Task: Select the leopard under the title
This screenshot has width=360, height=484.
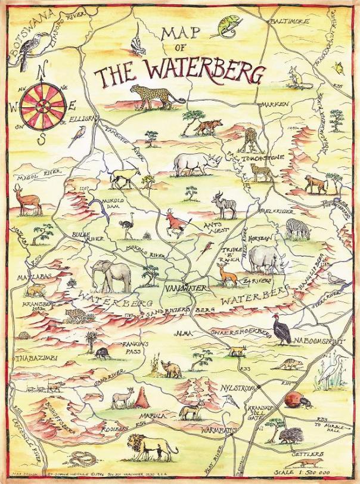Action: click(x=154, y=95)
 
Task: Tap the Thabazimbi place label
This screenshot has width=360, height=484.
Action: click(x=23, y=359)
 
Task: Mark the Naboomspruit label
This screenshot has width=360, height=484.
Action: click(x=321, y=340)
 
